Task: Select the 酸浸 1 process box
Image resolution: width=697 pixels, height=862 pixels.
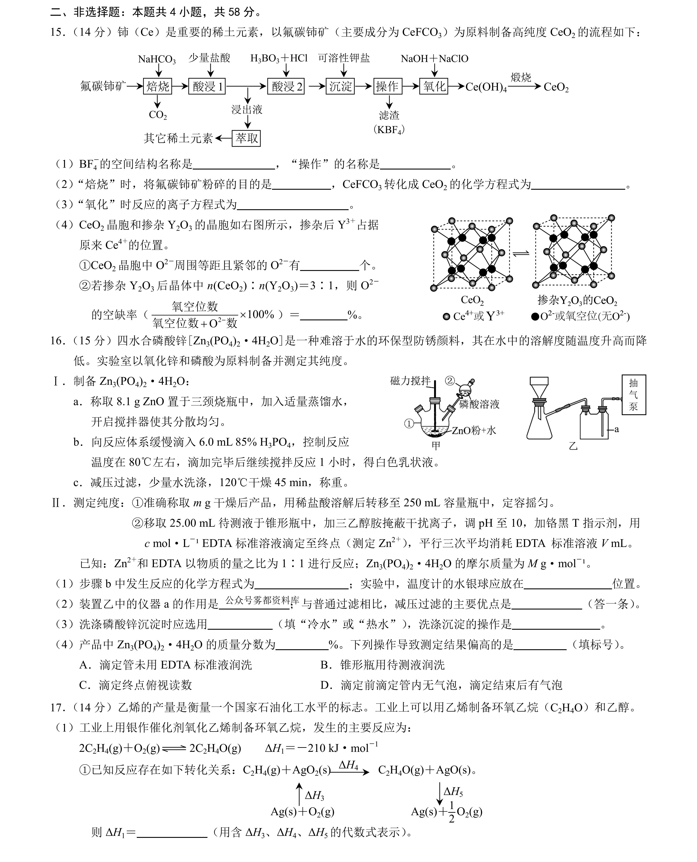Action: (x=207, y=86)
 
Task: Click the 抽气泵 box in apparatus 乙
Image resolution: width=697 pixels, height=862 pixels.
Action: (x=634, y=394)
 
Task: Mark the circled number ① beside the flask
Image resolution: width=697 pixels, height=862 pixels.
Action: (x=409, y=423)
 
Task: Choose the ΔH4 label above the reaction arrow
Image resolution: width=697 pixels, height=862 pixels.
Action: (x=349, y=765)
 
